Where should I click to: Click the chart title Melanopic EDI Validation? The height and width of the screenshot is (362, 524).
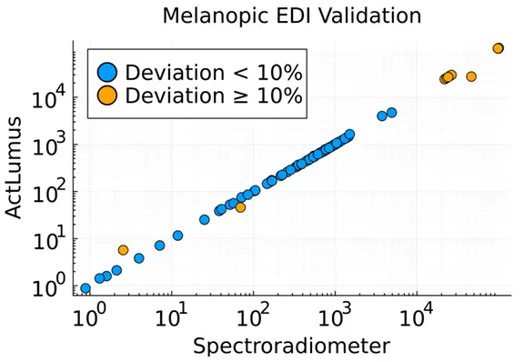[292, 15]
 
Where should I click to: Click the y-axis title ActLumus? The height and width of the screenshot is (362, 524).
[14, 167]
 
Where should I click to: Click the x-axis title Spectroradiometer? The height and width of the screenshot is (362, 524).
[292, 346]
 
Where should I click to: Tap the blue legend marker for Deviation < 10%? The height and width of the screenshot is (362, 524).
[107, 72]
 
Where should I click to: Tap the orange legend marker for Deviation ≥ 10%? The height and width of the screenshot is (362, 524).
[107, 96]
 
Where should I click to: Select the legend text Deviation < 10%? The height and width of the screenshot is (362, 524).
[214, 72]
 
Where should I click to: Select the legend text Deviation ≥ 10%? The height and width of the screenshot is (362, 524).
[214, 96]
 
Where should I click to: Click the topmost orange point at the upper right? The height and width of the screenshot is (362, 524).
[498, 48]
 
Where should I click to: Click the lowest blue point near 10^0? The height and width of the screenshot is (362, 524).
[86, 288]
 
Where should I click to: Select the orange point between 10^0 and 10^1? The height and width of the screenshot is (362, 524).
[124, 250]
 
